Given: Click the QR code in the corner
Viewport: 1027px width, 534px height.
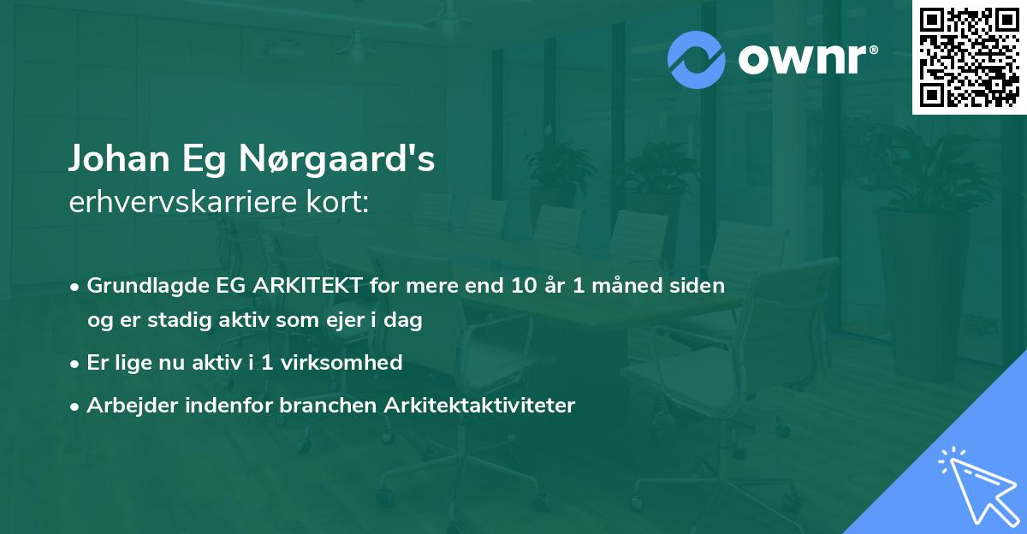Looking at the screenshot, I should click(x=970, y=56).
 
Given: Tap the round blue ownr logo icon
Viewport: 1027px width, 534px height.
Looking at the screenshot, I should click(x=697, y=60).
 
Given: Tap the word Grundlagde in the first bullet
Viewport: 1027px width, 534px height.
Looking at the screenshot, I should click(x=140, y=285).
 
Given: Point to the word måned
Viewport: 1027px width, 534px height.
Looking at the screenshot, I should click(x=634, y=285).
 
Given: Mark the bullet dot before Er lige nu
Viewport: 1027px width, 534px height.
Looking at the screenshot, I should click(x=76, y=364).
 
